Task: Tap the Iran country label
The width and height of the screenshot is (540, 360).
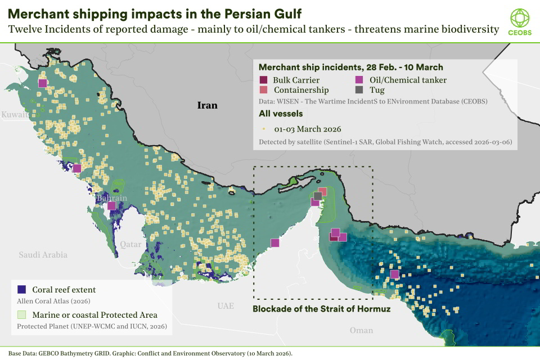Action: coord(206,105)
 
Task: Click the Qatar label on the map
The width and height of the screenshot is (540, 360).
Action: coord(130,245)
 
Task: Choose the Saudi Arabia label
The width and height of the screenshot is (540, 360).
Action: coord(43,255)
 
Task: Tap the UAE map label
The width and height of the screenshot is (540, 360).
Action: coord(226,306)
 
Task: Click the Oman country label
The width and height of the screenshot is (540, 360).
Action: coord(361,330)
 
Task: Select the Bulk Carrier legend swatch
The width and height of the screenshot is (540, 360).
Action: coord(263,80)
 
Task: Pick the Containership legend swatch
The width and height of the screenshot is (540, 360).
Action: coord(263,90)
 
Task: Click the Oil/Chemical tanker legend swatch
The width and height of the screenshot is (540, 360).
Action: coord(359,80)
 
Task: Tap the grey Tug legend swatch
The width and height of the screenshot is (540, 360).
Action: coord(359,90)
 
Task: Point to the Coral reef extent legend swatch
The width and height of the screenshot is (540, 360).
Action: coord(22,290)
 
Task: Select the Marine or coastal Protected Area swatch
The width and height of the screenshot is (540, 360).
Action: coord(22,314)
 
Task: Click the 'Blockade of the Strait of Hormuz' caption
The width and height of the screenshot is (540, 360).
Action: coord(321,309)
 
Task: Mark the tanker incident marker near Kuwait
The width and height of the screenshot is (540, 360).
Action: coord(43,83)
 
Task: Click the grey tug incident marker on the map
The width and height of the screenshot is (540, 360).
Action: coord(318,196)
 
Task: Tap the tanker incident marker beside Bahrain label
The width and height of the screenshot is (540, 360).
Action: coord(111,206)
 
